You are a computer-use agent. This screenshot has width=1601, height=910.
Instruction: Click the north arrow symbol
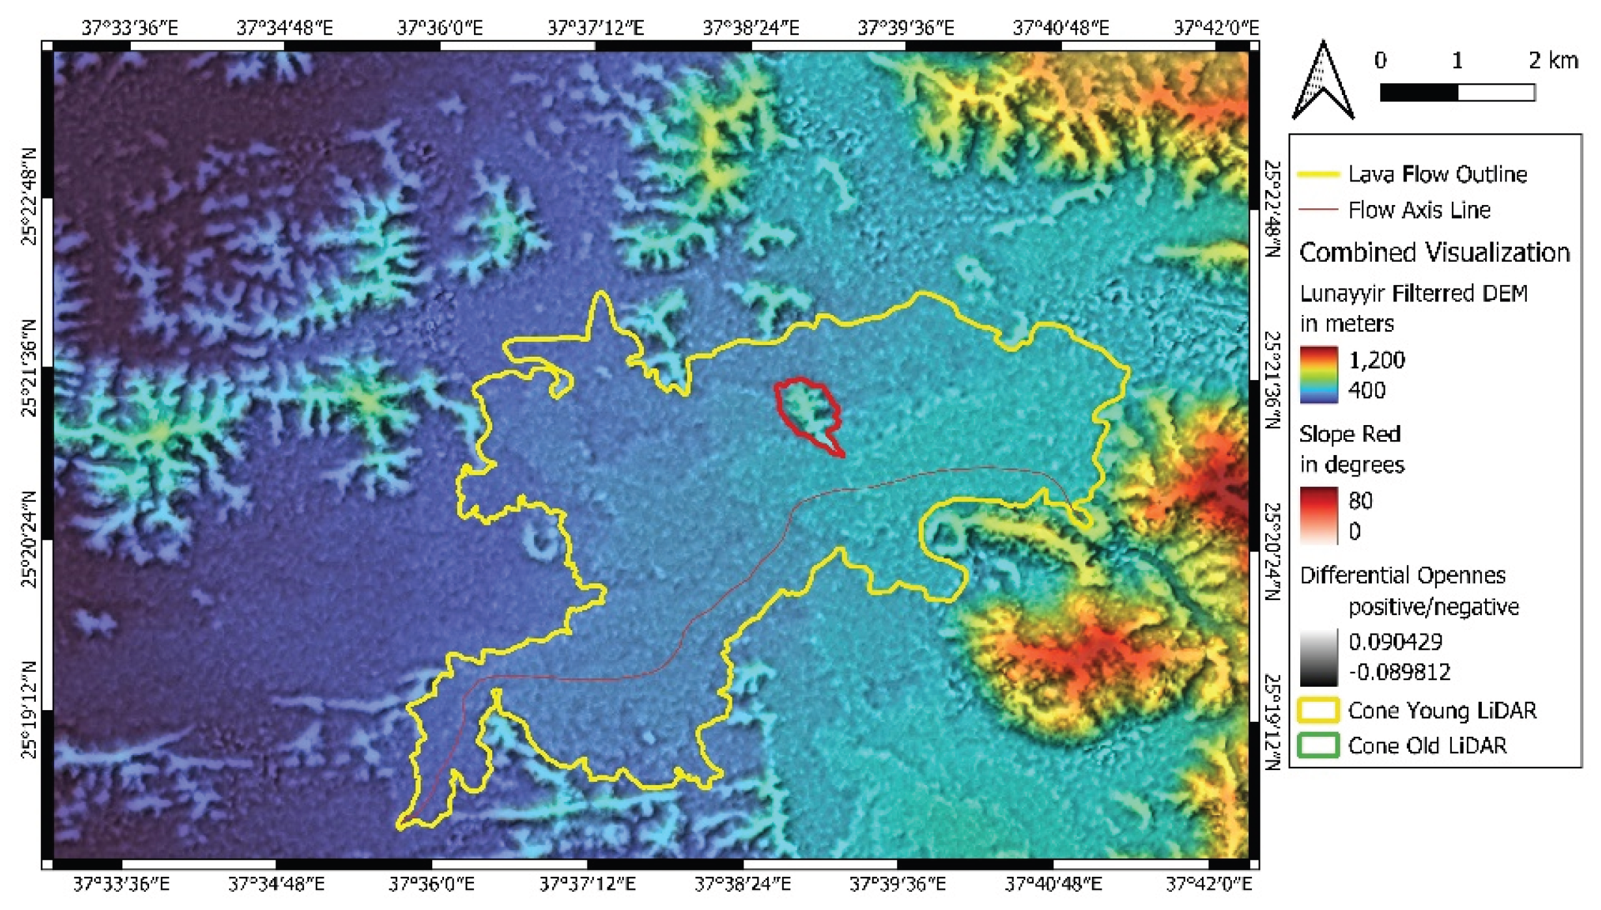click(x=1323, y=81)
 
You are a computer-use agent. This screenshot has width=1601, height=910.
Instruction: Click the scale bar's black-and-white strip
click(x=1457, y=92)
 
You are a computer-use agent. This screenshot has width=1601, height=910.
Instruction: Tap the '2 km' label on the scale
click(x=1553, y=61)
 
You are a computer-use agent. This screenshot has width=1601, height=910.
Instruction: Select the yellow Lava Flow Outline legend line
click(x=1319, y=174)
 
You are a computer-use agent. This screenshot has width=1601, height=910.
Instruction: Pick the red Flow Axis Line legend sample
click(x=1319, y=210)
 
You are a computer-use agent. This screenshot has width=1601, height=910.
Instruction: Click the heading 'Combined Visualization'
click(x=1434, y=253)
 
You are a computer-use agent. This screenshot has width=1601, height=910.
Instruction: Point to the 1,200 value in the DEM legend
click(x=1377, y=360)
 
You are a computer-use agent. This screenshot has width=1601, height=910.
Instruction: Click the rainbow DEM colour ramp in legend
click(x=1319, y=375)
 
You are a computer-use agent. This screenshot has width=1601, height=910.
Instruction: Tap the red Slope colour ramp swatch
click(x=1319, y=516)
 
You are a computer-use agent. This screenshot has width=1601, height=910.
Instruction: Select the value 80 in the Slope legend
click(x=1361, y=501)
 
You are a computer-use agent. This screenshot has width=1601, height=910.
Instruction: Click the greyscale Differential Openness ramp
click(x=1319, y=657)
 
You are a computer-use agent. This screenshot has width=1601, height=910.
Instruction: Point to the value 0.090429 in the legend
click(x=1396, y=642)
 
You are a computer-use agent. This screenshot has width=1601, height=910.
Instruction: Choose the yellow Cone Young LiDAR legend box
click(x=1319, y=710)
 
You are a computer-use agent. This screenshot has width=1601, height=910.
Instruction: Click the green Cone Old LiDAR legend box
click(x=1319, y=745)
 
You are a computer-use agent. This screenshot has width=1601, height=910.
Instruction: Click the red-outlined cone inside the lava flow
click(x=809, y=411)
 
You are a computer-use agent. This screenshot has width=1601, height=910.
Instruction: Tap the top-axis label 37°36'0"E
click(x=440, y=28)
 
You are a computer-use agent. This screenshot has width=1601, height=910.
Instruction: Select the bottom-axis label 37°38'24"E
click(x=743, y=884)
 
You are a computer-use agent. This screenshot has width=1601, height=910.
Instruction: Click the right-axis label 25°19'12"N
click(x=1272, y=722)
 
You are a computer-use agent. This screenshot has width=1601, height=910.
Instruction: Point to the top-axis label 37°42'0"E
click(x=1216, y=28)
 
